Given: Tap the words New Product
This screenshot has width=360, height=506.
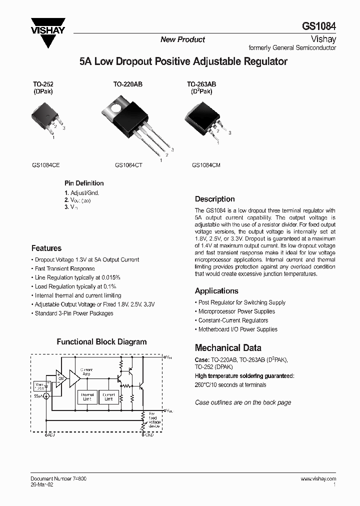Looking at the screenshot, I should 182,39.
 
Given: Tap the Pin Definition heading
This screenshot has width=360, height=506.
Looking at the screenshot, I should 84,183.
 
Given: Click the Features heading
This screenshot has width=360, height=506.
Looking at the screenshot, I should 46,248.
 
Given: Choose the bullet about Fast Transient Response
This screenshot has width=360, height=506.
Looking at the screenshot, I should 64,269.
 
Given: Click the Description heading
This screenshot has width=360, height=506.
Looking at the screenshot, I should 214,199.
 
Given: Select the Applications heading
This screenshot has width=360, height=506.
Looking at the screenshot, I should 216,291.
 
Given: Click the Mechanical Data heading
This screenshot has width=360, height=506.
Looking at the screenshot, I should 227,348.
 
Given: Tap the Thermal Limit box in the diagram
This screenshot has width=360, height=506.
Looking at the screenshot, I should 87,396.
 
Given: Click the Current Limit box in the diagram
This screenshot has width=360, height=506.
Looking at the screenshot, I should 108,396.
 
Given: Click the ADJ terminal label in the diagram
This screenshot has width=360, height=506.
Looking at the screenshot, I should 50,435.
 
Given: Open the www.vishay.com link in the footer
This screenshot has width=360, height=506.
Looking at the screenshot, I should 318,478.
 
